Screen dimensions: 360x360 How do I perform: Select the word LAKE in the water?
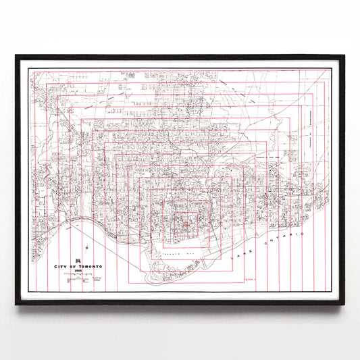(x=240, y=256)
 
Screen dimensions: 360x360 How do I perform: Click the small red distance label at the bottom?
(x=249, y=278)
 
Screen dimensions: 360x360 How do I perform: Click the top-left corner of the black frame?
(x=17, y=57)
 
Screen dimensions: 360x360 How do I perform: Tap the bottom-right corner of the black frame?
(x=343, y=303)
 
